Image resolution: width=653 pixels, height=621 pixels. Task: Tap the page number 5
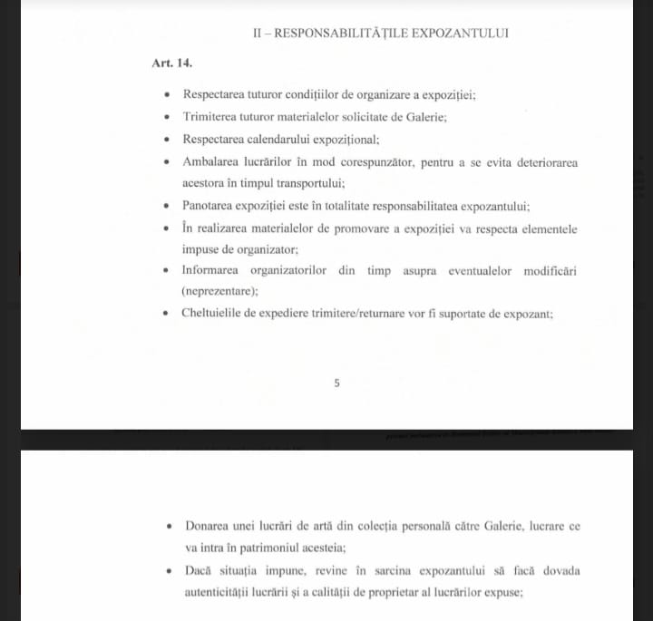(x=336, y=383)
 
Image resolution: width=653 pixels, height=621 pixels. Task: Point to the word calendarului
(x=285, y=140)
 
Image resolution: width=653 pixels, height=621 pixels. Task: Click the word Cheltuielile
(x=216, y=315)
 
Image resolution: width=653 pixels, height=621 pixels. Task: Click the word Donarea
(x=208, y=526)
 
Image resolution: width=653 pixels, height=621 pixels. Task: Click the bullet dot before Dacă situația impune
(x=170, y=571)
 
